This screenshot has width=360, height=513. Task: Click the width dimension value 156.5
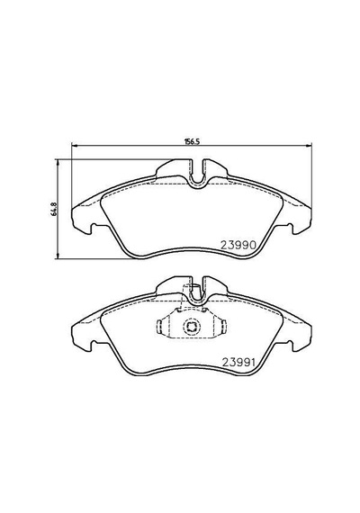192,141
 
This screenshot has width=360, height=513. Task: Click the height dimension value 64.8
54,210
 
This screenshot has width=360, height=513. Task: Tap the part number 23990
238,245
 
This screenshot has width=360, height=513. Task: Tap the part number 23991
238,362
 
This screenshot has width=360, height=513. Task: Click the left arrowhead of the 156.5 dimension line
74,146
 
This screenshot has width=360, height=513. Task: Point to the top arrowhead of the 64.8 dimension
58,162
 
